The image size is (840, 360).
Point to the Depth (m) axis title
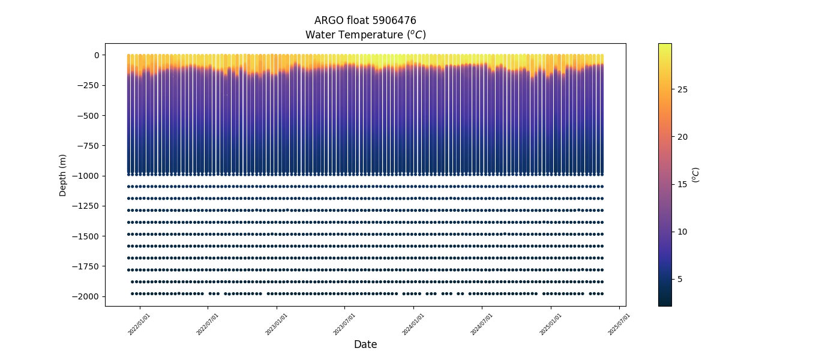[x=63, y=175]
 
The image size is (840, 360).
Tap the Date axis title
[x=365, y=344]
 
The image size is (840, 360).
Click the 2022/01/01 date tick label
[x=139, y=324]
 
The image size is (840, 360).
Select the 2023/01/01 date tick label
[x=276, y=324]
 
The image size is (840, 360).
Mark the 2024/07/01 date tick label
[x=482, y=324]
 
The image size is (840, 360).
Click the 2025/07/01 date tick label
[x=619, y=324]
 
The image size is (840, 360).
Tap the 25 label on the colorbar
[x=682, y=89]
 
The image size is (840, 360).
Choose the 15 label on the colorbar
[x=682, y=184]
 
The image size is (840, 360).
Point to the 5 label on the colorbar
[x=680, y=279]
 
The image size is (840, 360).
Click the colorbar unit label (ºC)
[x=696, y=175]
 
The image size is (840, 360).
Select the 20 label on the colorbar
[x=682, y=137]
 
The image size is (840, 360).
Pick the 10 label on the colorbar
[x=682, y=232]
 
